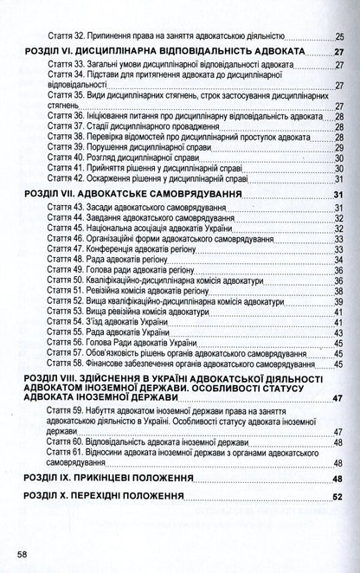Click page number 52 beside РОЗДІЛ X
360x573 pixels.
click(337, 498)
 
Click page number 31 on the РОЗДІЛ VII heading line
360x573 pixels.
click(337, 193)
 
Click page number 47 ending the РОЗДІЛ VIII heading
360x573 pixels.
click(337, 398)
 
